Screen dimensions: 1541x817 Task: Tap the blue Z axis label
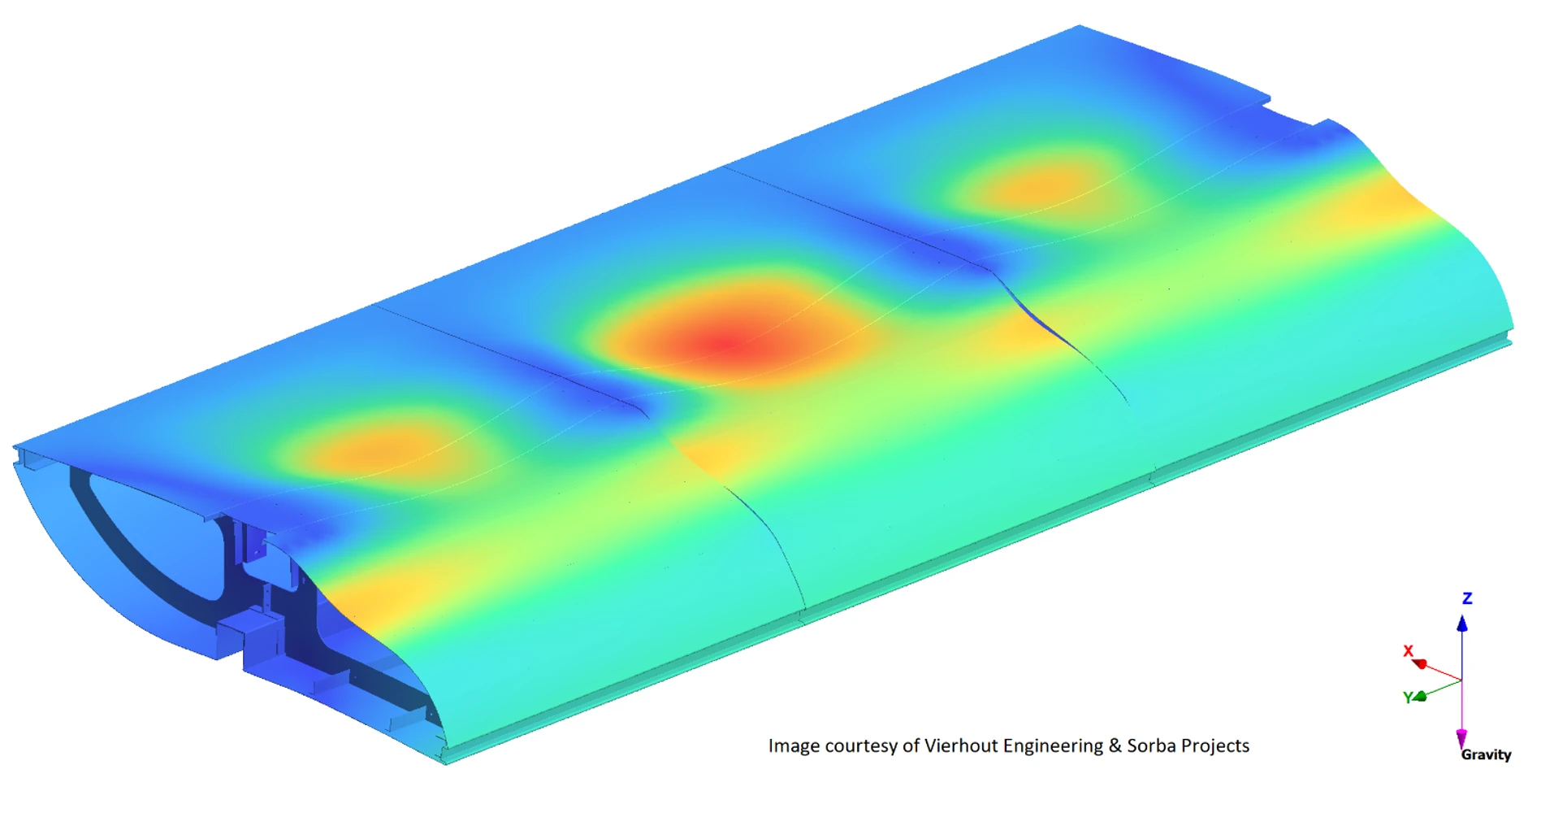tap(1467, 598)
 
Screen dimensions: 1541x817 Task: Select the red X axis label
tap(1409, 651)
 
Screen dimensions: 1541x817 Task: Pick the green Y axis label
tap(1408, 697)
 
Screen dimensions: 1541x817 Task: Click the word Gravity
tap(1486, 754)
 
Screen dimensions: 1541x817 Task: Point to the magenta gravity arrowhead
tap(1461, 738)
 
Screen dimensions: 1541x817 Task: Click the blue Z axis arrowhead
tap(1462, 624)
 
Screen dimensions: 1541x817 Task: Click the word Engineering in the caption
tap(1054, 747)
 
